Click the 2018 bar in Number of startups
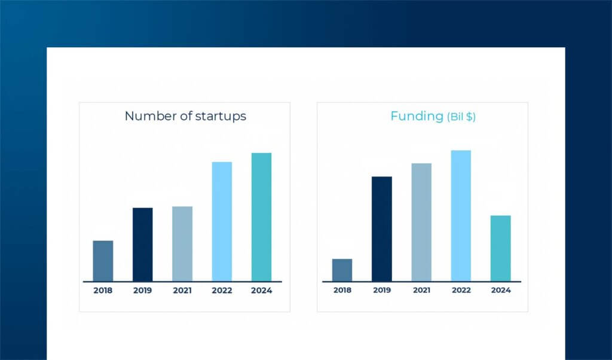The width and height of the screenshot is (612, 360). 103,261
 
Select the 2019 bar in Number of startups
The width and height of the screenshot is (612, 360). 142,245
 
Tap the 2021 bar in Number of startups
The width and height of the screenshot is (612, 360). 182,243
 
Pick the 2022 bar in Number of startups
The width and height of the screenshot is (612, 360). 222,221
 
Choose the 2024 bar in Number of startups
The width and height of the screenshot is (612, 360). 261,217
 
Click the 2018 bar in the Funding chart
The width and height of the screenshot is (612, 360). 342,270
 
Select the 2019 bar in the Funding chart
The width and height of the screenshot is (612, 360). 381,228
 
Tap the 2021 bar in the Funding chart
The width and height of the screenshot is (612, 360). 421,222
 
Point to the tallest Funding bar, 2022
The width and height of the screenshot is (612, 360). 461,215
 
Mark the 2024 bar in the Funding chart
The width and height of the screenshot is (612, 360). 500,248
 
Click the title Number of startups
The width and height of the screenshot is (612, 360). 185,116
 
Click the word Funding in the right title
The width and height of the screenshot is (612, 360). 417,116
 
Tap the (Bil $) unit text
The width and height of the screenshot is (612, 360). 461,117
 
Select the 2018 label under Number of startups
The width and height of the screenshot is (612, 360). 103,291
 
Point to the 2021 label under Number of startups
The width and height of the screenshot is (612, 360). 182,291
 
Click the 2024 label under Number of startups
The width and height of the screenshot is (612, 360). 261,291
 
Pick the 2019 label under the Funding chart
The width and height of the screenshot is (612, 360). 381,291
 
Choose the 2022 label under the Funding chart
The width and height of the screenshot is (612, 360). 461,291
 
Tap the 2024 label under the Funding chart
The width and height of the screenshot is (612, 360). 500,291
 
